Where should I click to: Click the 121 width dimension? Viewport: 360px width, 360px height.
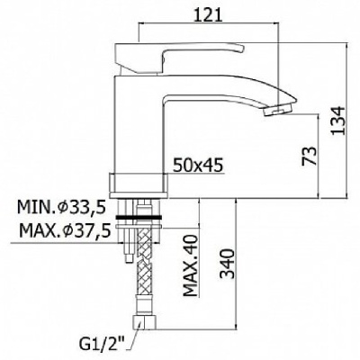tap(208, 14)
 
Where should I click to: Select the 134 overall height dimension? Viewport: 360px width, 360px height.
tap(338, 121)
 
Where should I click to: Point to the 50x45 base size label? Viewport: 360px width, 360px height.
tap(198, 165)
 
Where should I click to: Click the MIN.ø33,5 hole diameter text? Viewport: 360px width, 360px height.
tap(61, 208)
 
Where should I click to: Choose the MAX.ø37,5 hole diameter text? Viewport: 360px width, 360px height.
tap(65, 231)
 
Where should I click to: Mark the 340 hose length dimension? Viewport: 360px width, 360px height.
tap(227, 264)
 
